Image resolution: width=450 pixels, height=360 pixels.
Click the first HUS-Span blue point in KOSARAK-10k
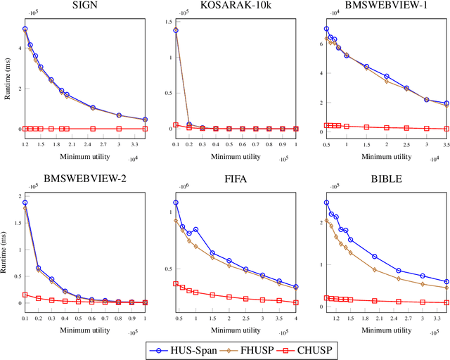[x=175, y=30]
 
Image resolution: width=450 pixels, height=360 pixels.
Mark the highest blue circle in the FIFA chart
[x=175, y=202]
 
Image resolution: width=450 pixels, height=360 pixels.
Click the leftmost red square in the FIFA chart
[x=175, y=284]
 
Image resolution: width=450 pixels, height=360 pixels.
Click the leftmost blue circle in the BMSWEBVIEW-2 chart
[x=25, y=202]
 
